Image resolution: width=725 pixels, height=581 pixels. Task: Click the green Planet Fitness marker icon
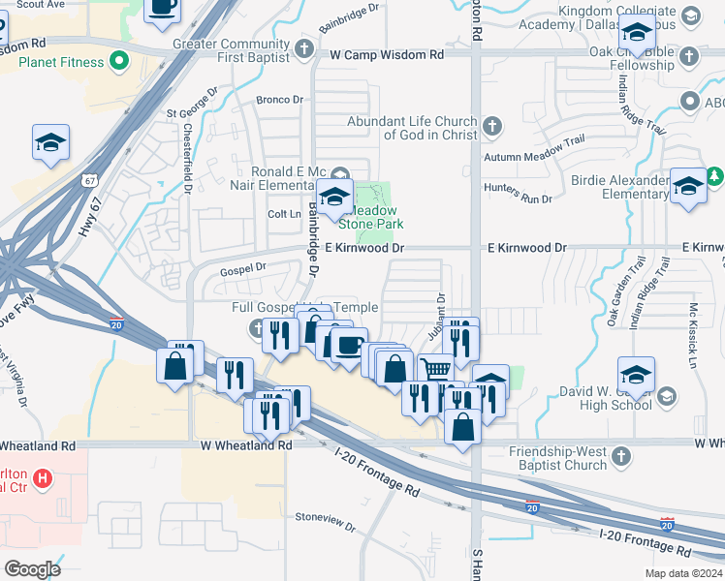click(x=119, y=63)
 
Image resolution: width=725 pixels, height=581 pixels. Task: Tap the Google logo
click(x=31, y=568)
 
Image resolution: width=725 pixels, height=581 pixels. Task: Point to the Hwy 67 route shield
click(x=89, y=180)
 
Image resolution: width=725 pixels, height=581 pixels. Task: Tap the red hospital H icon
click(x=43, y=477)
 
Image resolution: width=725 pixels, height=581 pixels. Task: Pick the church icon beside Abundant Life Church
click(x=492, y=126)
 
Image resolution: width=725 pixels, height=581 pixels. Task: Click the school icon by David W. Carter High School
click(x=667, y=396)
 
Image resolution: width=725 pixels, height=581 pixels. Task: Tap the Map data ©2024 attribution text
click(x=683, y=573)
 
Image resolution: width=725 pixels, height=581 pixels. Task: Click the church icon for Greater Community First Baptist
click(x=304, y=48)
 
